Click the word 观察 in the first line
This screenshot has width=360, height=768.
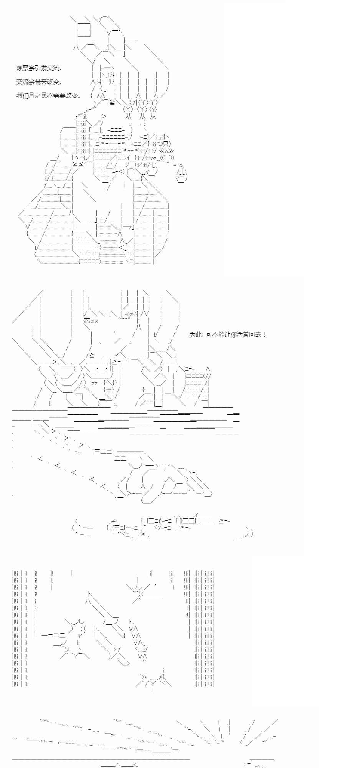click(x=22, y=68)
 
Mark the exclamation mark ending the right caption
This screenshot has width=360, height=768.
click(x=264, y=334)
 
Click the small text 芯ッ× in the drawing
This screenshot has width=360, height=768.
click(x=91, y=321)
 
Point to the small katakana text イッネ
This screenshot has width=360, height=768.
click(x=131, y=314)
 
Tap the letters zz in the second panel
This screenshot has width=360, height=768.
click(x=94, y=383)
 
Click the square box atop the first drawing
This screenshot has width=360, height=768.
click(x=84, y=30)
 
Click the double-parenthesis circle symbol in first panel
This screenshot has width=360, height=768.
click(x=167, y=157)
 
